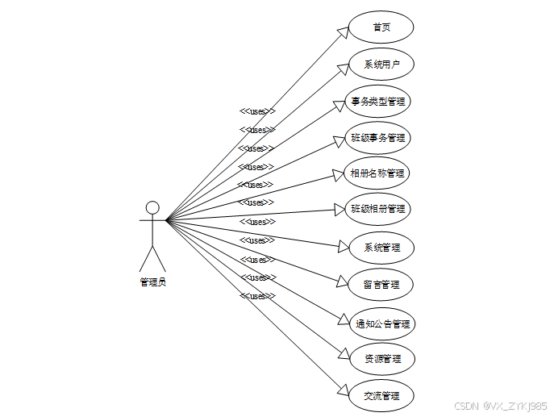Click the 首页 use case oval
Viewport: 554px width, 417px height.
tap(381, 27)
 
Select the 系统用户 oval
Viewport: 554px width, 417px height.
tap(381, 65)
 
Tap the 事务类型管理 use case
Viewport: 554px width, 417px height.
tap(378, 102)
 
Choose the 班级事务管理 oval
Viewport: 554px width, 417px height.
tap(378, 138)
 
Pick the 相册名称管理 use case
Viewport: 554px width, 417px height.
tap(377, 173)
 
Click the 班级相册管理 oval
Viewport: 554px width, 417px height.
tap(377, 209)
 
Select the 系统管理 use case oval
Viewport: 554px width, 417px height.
tap(381, 248)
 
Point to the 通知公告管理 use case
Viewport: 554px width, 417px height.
tap(383, 323)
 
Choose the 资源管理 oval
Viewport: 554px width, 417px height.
tap(381, 358)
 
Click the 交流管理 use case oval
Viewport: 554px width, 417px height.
tap(381, 396)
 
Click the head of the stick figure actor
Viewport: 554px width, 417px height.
tap(152, 206)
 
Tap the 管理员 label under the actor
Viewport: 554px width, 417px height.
tap(152, 282)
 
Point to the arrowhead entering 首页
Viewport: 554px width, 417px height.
tap(342, 31)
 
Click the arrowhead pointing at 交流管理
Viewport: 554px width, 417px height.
tap(342, 393)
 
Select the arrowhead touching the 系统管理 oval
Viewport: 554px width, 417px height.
tap(342, 246)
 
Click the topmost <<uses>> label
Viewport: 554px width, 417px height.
tap(257, 111)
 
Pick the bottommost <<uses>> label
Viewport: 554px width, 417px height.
tap(257, 296)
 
